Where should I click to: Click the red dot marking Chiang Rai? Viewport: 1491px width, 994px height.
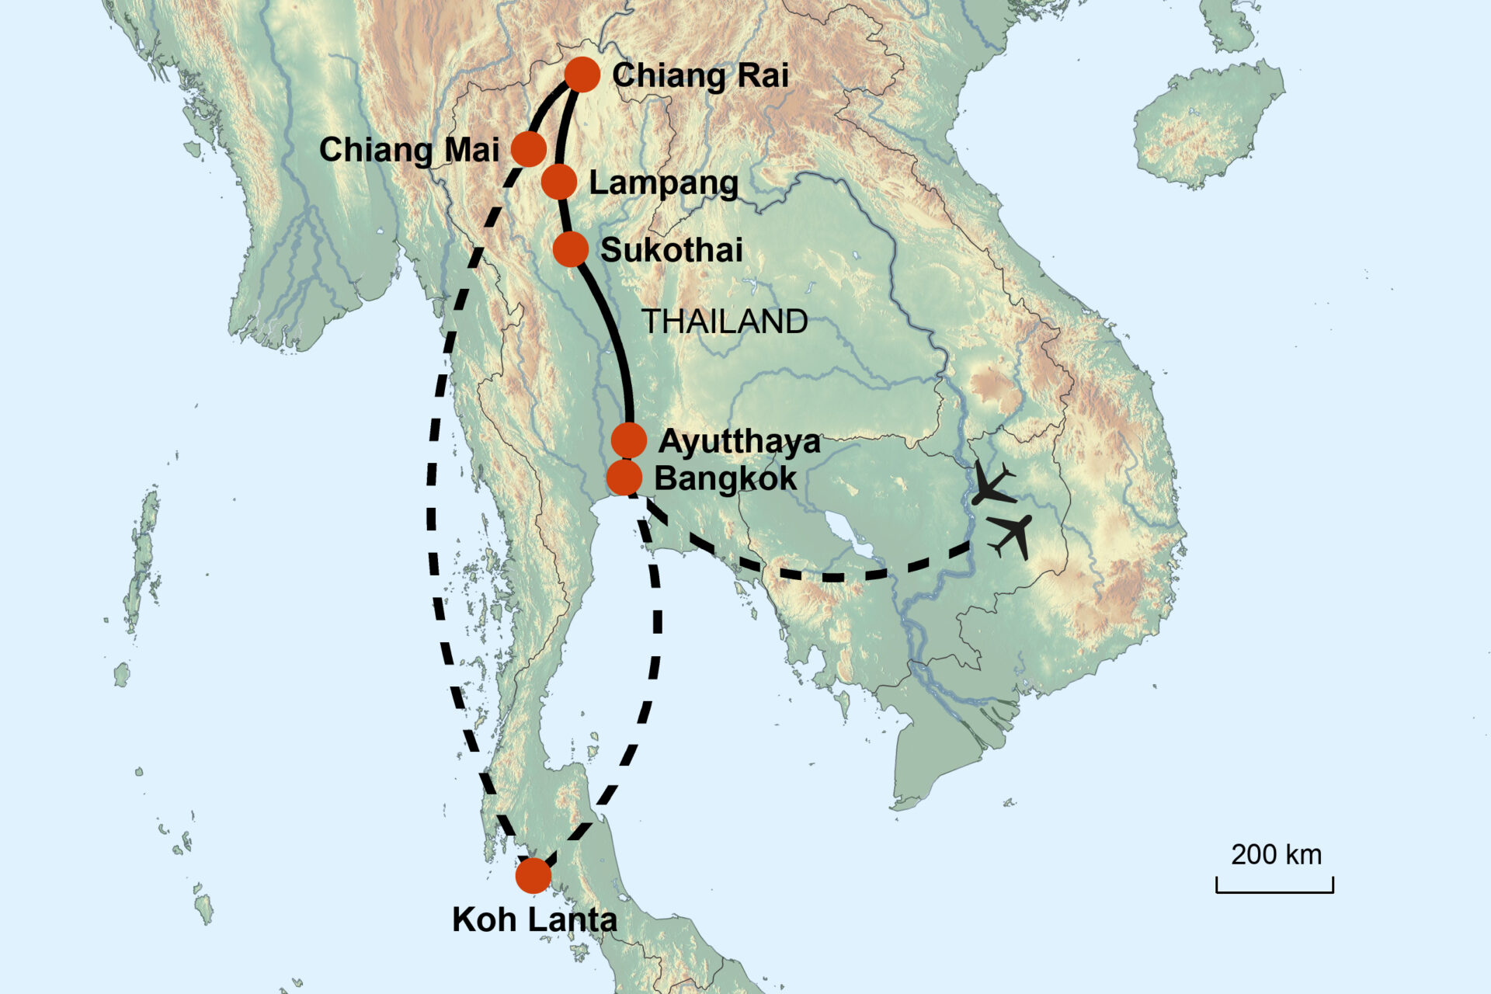582,75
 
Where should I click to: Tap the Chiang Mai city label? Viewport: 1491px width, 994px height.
409,150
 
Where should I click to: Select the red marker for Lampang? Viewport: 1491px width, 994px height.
559,182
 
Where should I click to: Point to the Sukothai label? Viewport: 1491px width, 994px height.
672,250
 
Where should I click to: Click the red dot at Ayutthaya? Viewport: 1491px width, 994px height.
629,440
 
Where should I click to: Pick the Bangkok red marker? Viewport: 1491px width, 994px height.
624,477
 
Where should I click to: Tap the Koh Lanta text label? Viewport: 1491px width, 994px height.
534,919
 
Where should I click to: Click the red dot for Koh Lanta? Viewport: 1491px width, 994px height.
533,876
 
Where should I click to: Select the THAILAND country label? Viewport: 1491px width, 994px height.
725,321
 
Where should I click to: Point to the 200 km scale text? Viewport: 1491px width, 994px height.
1276,855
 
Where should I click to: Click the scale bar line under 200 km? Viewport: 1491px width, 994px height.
1274,891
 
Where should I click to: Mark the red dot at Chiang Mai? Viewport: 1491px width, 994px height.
529,148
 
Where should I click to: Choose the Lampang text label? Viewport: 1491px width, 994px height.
664,183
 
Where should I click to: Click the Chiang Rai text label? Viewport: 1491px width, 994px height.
700,75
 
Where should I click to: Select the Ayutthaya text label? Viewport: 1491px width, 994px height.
739,441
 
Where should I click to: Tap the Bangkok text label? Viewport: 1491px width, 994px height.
725,478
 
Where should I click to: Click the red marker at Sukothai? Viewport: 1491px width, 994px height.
571,249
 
